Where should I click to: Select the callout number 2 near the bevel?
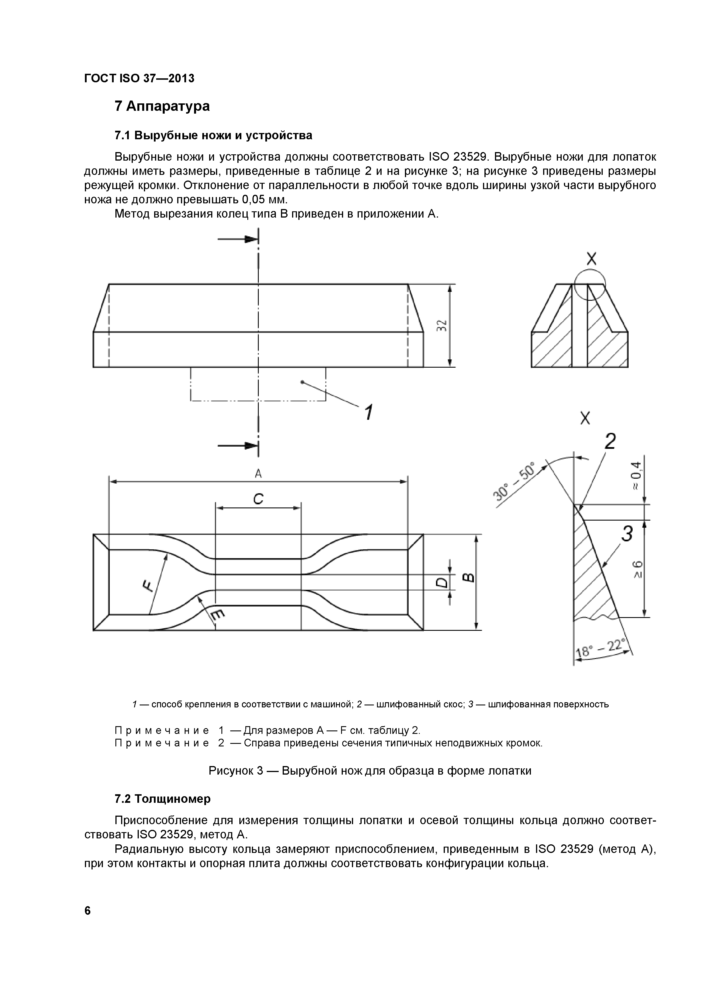[x=610, y=442]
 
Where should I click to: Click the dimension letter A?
[x=258, y=473]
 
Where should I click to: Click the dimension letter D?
[x=441, y=582]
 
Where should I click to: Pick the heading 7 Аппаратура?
[x=162, y=106]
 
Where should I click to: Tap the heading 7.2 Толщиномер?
[x=162, y=799]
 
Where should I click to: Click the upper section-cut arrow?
[x=238, y=239]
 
